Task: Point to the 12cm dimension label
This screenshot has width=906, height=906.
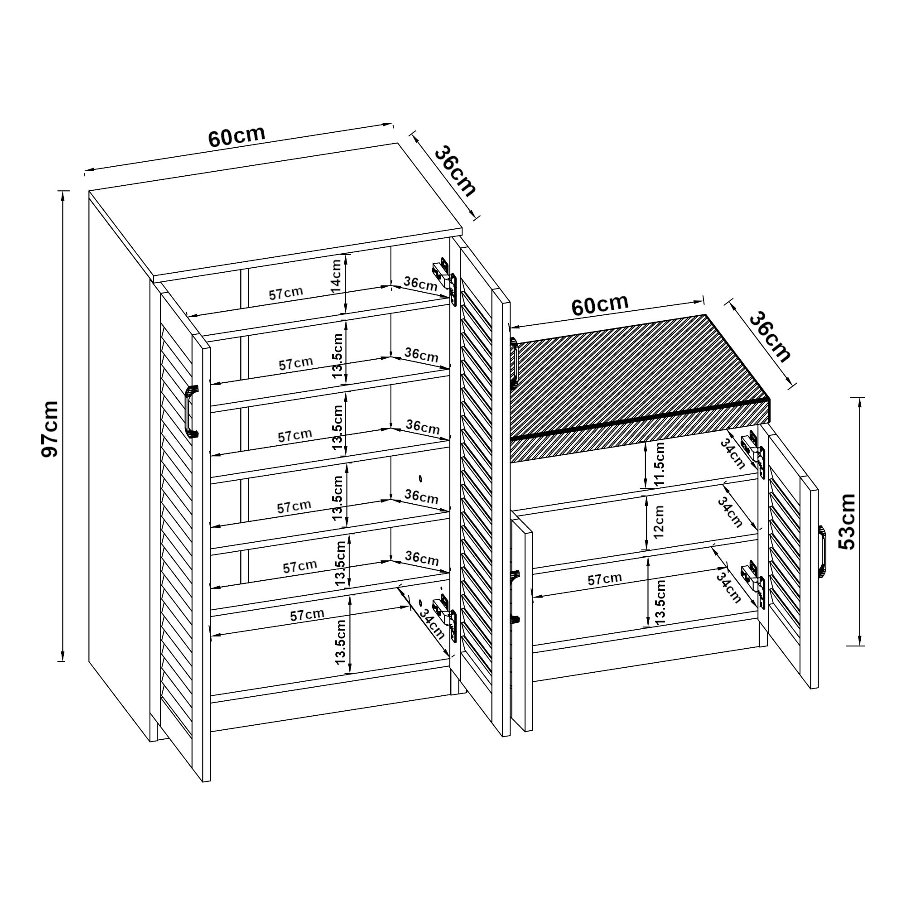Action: point(659,521)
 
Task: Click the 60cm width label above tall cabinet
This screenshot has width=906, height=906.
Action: point(237,136)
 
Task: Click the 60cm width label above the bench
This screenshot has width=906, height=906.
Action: point(600,305)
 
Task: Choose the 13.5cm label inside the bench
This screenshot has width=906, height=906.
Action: point(660,602)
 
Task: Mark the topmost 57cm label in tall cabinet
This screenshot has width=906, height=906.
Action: point(285,293)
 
